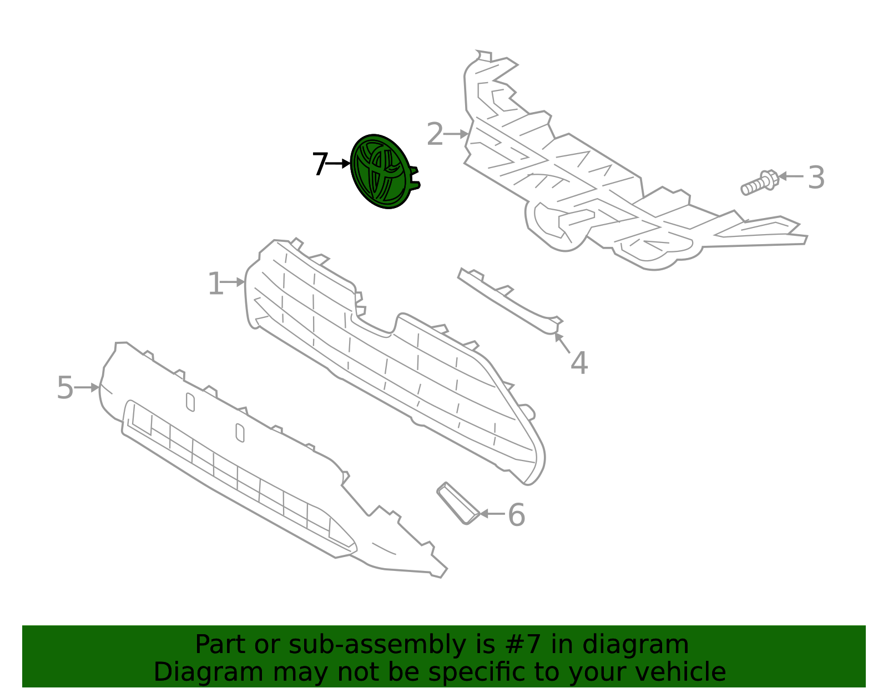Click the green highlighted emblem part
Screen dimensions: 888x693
pos(384,171)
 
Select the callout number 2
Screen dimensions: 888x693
pos(435,134)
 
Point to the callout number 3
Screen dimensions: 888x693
pos(816,178)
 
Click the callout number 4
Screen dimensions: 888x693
pos(579,363)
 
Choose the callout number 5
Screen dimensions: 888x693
pos(65,387)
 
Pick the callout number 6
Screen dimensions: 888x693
pos(516,514)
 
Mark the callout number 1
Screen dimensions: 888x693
pos(216,284)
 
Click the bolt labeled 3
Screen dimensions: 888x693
pos(759,183)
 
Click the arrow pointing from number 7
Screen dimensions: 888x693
pos(337,164)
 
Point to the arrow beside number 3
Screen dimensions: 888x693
pos(791,176)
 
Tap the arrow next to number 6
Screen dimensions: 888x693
pos(492,513)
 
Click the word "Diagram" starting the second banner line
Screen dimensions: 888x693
pos(209,672)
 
